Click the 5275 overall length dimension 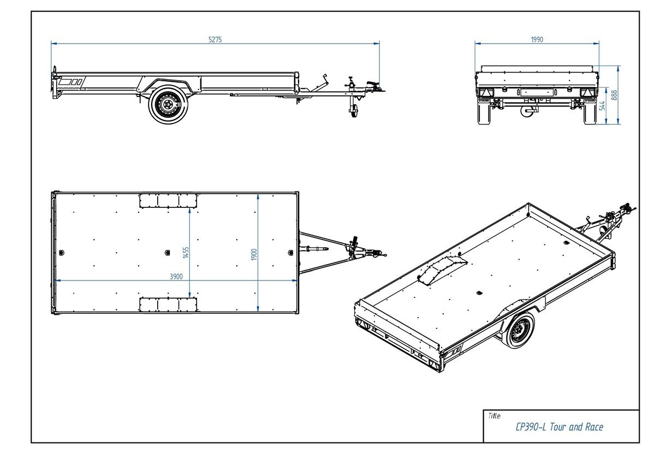point(215,39)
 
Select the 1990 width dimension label point(537,39)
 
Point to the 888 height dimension point(614,95)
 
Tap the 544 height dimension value point(603,105)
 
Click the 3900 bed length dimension point(176,277)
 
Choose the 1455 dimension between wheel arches point(186,252)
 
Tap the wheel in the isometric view point(519,330)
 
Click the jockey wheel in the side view point(353,111)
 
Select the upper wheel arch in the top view point(168,200)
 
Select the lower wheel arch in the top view point(168,304)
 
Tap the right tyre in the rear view point(590,113)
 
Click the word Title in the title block point(495,416)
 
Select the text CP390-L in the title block point(531,427)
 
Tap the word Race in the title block point(594,427)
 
